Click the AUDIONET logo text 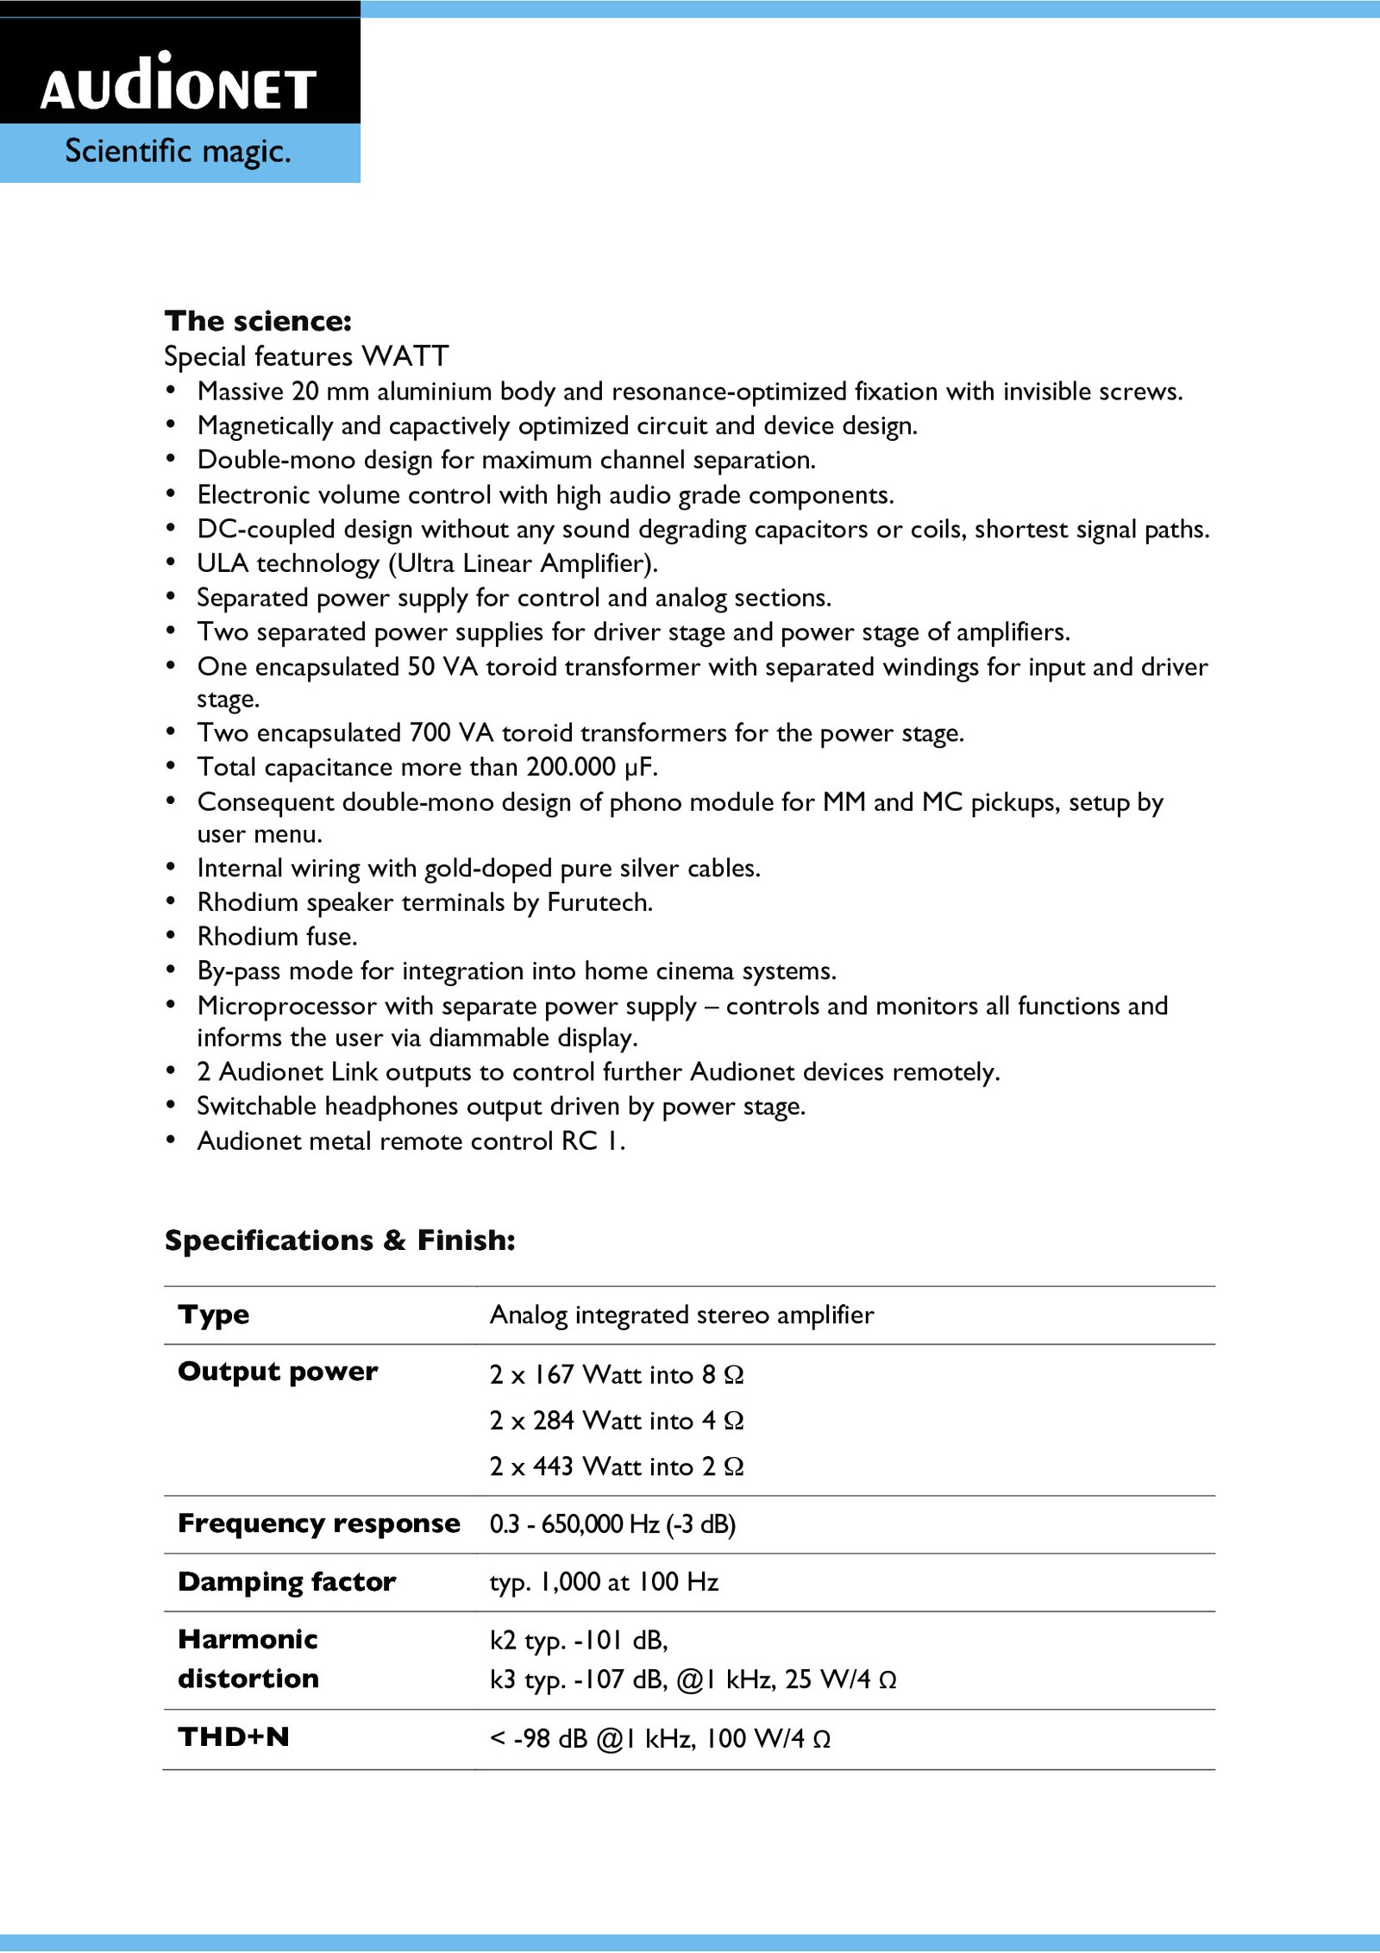click(179, 85)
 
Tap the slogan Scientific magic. click(178, 152)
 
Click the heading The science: click(258, 321)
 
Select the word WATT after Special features click(405, 356)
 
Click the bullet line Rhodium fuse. click(277, 937)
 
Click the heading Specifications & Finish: click(340, 1240)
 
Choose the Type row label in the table click(214, 1315)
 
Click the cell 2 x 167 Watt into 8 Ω click(616, 1374)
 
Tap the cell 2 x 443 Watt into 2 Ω click(616, 1466)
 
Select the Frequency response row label click(318, 1523)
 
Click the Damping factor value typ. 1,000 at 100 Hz click(604, 1582)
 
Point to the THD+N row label click(233, 1736)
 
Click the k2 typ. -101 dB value click(578, 1640)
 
